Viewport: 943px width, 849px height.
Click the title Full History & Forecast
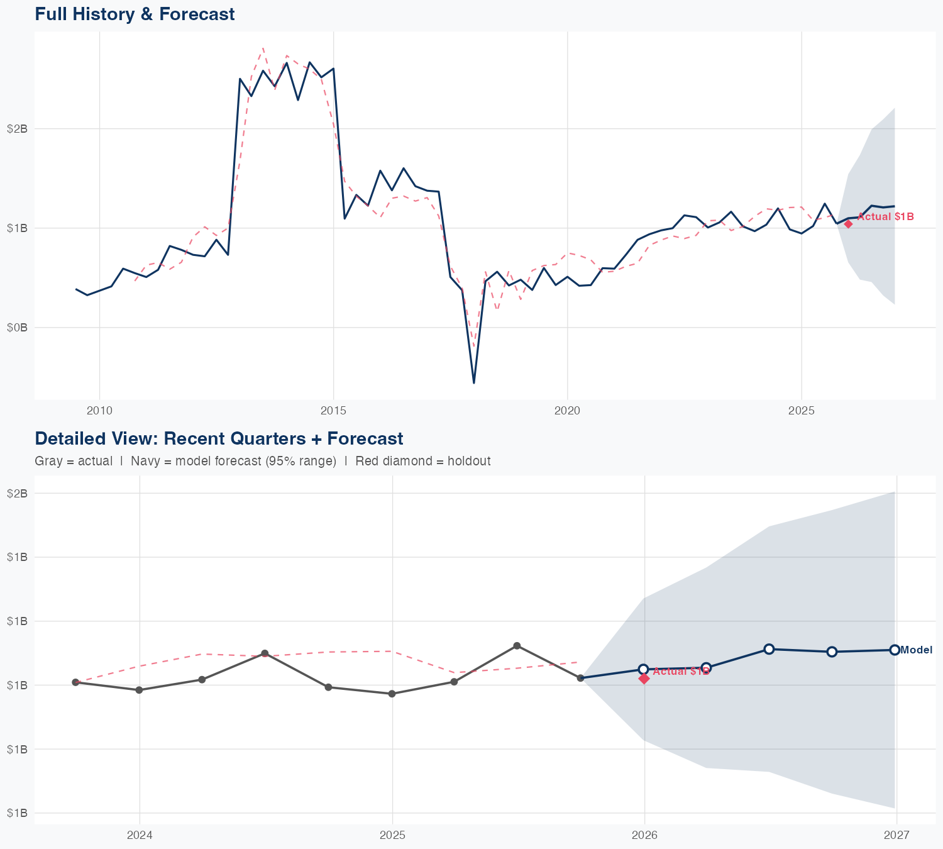[x=135, y=14]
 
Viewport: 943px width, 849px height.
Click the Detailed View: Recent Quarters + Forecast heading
[x=219, y=438]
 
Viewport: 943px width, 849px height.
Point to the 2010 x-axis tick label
[x=99, y=411]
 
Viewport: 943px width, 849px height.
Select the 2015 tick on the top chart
[x=333, y=411]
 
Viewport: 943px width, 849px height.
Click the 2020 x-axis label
[x=567, y=411]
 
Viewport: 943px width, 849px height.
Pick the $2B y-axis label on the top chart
[x=17, y=129]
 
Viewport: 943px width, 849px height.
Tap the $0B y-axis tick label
[x=17, y=327]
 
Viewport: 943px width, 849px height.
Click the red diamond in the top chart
[x=848, y=224]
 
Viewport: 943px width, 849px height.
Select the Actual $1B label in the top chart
[x=885, y=217]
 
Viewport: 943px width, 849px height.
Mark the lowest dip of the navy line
[x=474, y=382]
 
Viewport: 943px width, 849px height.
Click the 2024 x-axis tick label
[x=140, y=835]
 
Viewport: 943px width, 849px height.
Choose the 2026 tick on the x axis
[x=644, y=835]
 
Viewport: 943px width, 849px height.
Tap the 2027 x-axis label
[x=896, y=835]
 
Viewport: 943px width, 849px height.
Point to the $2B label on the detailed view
[x=17, y=493]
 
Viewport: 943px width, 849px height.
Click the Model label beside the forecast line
[x=916, y=650]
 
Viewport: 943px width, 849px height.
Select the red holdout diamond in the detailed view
[x=644, y=679]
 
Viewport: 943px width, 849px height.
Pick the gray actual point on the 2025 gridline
[x=392, y=694]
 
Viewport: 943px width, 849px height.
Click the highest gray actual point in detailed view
[x=517, y=646]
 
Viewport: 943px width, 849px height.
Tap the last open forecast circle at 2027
[x=895, y=650]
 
